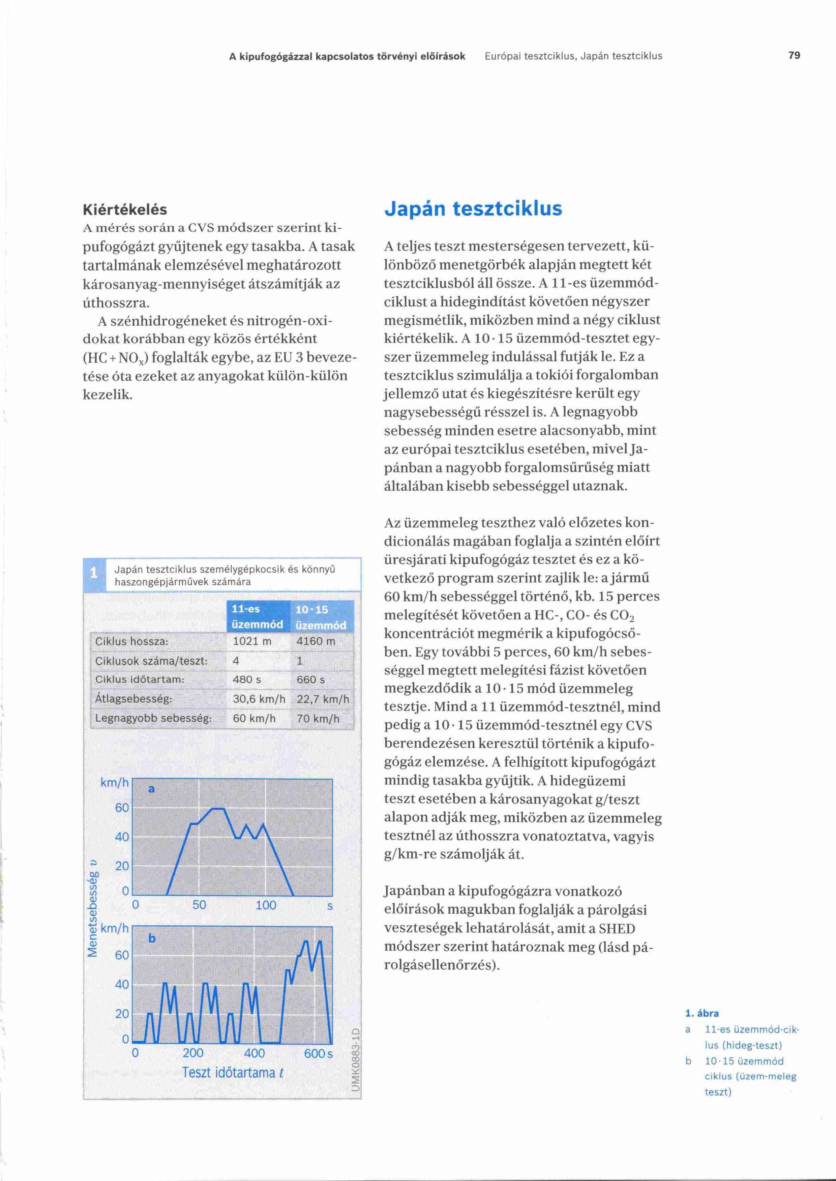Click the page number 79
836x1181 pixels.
(794, 56)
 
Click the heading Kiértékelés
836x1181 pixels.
(125, 209)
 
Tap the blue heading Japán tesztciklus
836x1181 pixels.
(473, 208)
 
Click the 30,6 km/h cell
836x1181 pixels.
(259, 699)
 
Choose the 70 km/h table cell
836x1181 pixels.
(318, 719)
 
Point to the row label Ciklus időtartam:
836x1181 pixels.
(140, 680)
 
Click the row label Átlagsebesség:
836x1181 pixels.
(134, 699)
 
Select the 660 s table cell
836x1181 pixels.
(310, 680)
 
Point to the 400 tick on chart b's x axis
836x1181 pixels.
(254, 1053)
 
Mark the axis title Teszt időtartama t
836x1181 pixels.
(232, 1073)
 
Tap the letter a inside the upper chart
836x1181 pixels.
(151, 789)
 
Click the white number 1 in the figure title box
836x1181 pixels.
(94, 572)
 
